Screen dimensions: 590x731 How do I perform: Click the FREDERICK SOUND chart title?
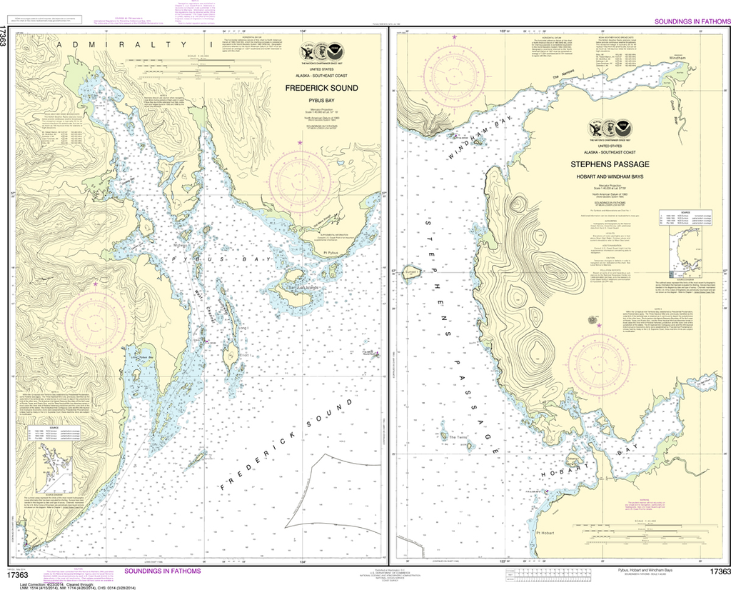pyautogui.click(x=321, y=89)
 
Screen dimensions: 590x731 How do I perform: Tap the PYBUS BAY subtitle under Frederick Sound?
pyautogui.click(x=321, y=101)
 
